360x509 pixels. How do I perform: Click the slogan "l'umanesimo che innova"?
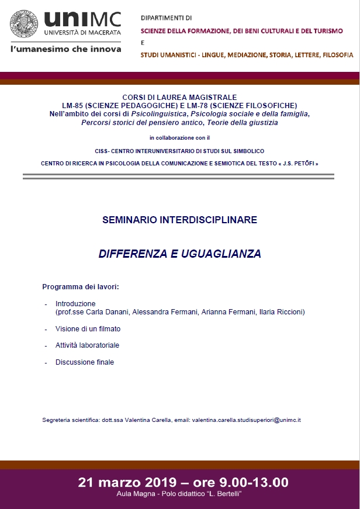pos(66,49)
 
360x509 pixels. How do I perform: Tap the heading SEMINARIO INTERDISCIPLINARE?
pos(179,220)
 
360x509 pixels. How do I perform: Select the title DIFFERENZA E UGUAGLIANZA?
pos(179,254)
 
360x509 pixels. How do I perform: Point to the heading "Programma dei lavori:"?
pos(81,287)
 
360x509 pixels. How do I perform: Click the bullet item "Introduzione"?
pos(75,304)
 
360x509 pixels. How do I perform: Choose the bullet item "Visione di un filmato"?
pos(88,329)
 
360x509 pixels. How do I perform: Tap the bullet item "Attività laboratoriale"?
pos(87,345)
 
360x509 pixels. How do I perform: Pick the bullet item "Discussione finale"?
pos(85,362)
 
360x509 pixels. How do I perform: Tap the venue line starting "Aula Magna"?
pos(180,495)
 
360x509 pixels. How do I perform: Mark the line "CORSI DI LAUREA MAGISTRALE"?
pos(179,97)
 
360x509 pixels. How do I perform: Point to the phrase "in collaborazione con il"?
pos(179,138)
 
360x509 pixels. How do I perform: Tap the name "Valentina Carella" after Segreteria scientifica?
pos(147,420)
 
